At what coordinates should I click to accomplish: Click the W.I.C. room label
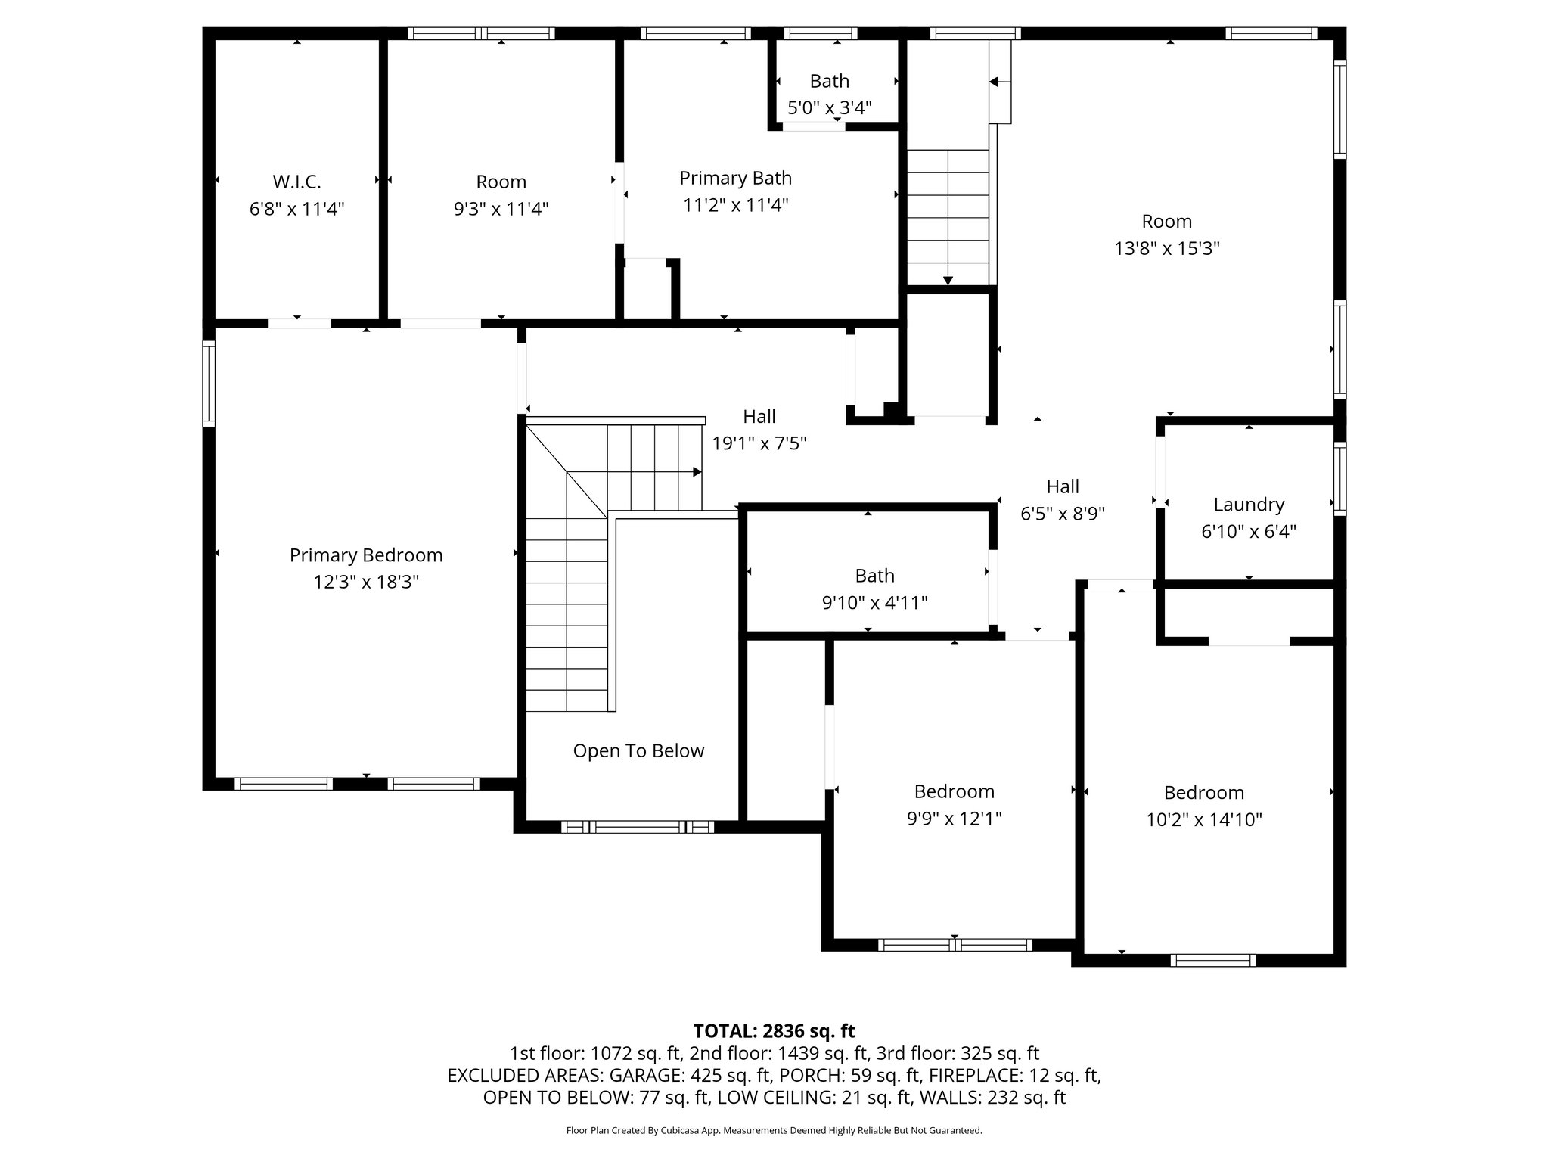296,182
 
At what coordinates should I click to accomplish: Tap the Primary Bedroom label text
366,555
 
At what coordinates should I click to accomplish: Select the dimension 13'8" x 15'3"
1167,248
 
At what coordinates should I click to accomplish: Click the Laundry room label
1249,505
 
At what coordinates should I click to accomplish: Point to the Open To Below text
638,750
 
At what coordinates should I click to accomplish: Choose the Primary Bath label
735,178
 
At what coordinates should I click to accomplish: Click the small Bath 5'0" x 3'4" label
830,81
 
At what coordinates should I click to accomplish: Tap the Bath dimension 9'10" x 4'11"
874,603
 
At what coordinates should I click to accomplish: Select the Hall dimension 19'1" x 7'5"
759,443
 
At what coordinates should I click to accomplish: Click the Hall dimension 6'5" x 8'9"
1063,514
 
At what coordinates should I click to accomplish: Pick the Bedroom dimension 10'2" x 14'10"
1204,819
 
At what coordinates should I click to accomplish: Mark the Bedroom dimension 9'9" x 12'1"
955,819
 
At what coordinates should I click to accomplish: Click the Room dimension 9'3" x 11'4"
501,209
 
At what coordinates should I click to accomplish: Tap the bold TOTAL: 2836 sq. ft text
774,1031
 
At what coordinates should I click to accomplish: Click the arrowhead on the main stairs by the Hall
697,472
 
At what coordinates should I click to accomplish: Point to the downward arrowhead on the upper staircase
948,281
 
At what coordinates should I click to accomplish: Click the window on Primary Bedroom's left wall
209,384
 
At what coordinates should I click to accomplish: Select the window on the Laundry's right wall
1339,479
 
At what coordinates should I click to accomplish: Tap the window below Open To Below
638,827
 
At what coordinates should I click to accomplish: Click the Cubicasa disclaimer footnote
774,1131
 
